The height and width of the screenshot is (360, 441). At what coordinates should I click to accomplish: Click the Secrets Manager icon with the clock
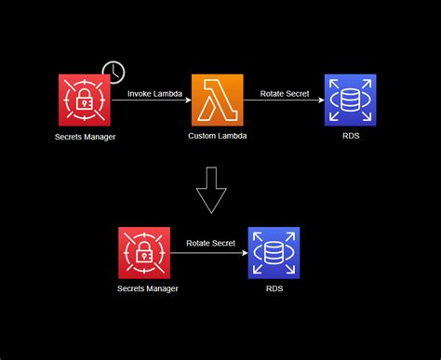85,100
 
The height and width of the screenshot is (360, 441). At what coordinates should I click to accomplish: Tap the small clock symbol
114,72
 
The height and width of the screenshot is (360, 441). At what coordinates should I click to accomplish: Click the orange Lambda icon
218,100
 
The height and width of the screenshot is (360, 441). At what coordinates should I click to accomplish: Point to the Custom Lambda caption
218,137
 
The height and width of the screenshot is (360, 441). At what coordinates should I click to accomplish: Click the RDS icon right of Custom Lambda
351,100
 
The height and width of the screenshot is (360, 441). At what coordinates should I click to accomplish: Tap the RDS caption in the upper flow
351,137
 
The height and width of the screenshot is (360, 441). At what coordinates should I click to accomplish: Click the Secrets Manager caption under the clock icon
85,137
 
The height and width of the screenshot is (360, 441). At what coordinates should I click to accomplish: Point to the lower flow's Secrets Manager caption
147,288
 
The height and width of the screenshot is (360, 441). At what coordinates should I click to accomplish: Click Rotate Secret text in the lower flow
210,244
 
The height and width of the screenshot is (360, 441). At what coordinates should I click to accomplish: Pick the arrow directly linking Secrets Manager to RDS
210,252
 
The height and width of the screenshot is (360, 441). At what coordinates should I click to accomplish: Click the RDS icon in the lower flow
274,252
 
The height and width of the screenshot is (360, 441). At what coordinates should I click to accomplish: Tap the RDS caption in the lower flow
274,288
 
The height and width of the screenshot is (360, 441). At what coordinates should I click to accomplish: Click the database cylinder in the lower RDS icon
274,252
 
